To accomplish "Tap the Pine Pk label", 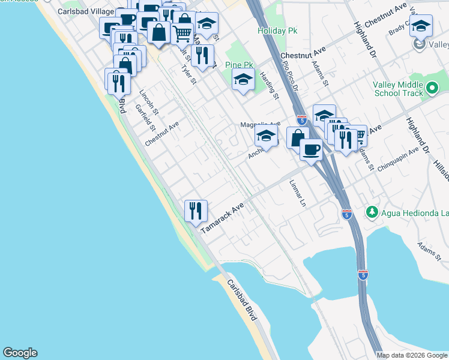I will tap(238, 65).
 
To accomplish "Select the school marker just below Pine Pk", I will tap(243, 80).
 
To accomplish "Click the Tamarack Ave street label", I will tap(223, 217).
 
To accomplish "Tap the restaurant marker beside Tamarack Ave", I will tap(196, 211).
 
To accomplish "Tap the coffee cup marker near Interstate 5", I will tap(311, 149).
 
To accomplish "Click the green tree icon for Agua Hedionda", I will tap(372, 212).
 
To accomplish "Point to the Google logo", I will tap(20, 353).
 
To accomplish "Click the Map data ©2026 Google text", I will tap(412, 355).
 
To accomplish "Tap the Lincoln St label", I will tap(149, 103).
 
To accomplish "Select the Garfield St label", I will tap(146, 118).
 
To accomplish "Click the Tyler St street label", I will tap(189, 74).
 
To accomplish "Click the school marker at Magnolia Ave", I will tap(266, 137).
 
